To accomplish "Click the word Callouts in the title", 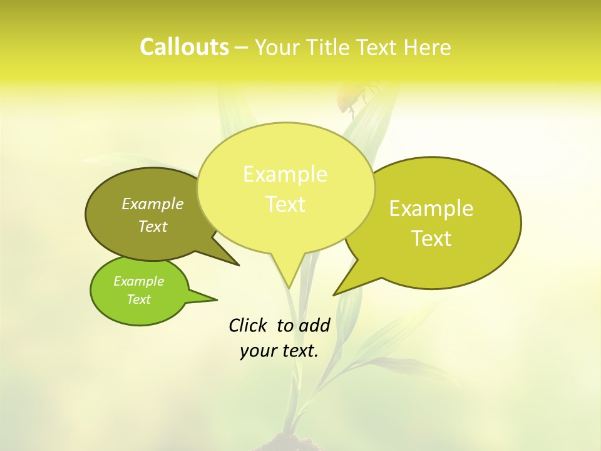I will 184,47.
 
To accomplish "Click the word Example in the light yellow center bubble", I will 285,174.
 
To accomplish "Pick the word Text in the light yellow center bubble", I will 285,204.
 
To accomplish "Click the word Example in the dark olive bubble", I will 153,204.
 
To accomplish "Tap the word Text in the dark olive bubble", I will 153,226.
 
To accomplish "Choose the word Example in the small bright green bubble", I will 138,281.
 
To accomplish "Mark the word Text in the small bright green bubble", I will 138,299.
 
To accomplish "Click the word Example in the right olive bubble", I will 431,209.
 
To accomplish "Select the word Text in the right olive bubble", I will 432,239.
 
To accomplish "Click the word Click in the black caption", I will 248,325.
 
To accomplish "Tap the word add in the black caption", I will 314,325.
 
